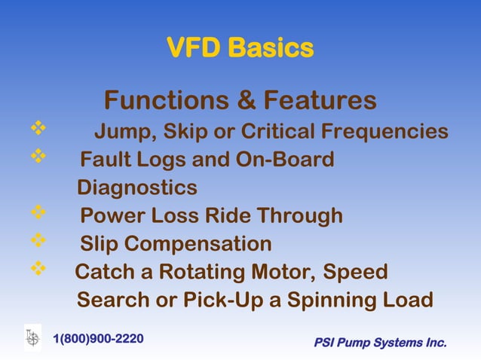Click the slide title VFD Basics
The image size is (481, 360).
point(240,49)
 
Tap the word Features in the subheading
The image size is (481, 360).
point(317,100)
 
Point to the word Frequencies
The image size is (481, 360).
point(384,133)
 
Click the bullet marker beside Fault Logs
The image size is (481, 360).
point(38,157)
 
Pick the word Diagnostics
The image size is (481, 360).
point(137,187)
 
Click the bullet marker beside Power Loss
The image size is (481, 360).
point(38,214)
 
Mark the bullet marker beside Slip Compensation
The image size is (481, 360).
point(38,242)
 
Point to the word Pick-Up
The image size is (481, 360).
point(223,300)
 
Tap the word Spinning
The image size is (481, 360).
point(332,300)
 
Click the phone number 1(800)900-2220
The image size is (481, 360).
point(98,338)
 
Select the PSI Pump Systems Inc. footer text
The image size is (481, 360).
point(380,343)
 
